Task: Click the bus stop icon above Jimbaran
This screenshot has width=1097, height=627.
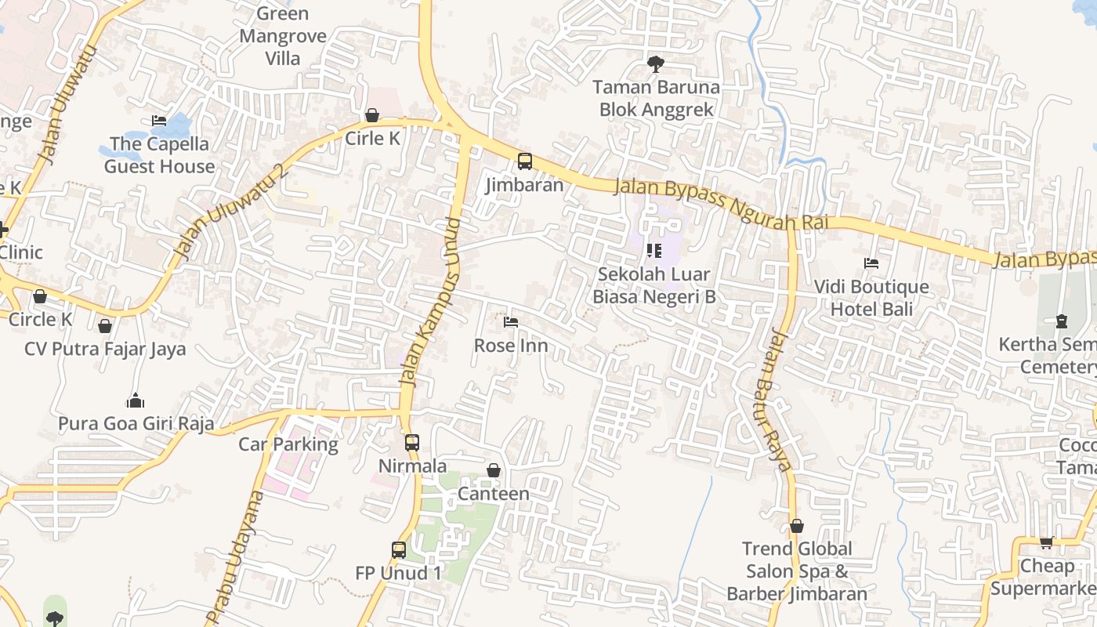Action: click(x=524, y=161)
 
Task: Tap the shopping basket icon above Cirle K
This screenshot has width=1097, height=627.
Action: click(x=372, y=116)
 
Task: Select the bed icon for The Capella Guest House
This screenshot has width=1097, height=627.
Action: click(x=159, y=121)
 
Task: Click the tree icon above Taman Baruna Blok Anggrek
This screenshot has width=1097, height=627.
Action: click(x=655, y=63)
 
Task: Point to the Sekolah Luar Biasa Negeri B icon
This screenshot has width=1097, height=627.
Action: click(x=653, y=251)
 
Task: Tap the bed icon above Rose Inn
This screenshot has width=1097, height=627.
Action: click(x=511, y=322)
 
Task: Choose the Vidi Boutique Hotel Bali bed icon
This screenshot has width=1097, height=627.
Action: click(x=871, y=263)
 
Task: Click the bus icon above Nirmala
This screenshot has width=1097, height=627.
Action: click(x=412, y=442)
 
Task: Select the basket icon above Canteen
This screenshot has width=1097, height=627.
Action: click(x=494, y=470)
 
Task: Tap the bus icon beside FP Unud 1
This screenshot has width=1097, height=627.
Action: click(x=399, y=550)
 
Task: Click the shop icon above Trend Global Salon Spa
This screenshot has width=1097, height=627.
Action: click(x=797, y=526)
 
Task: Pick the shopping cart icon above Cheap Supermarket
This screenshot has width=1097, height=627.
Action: click(x=1046, y=542)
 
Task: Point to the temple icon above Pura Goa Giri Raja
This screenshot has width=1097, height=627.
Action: click(x=136, y=400)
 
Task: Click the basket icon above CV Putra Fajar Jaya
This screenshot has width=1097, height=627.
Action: click(x=105, y=325)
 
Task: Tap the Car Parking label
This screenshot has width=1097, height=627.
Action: click(x=288, y=444)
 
